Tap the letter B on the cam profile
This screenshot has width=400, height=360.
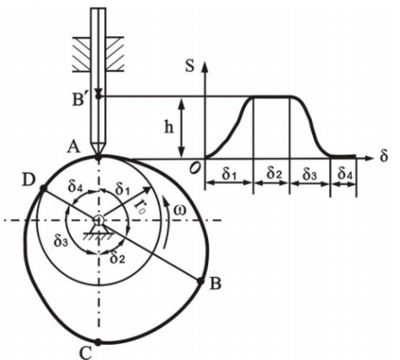(x=215, y=285)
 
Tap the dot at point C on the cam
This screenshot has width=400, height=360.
(x=99, y=342)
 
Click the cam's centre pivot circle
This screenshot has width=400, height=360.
(x=100, y=221)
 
